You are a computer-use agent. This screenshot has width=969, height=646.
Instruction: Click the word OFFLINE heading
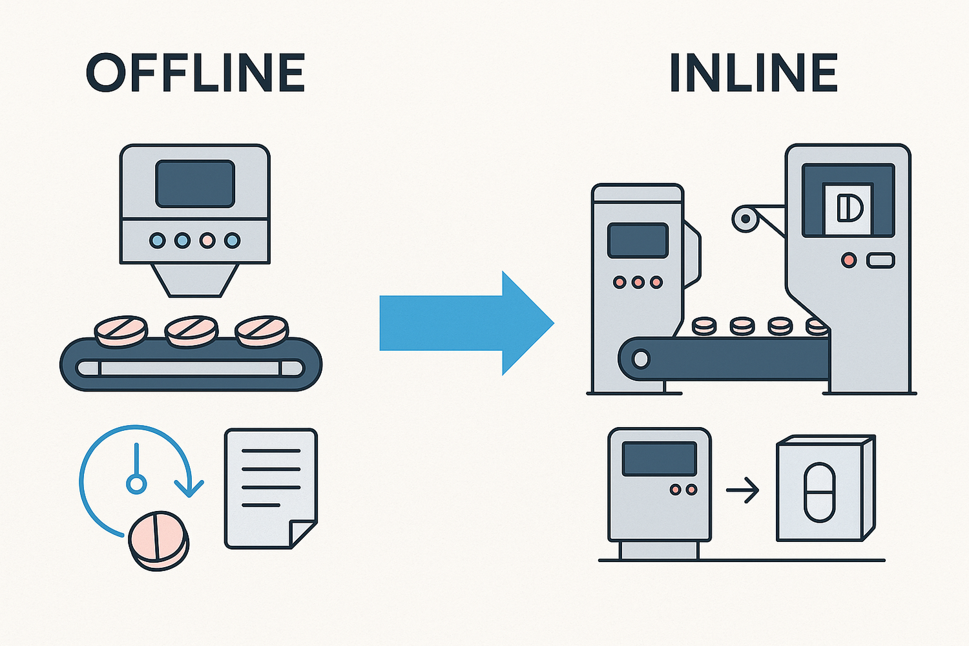click(195, 73)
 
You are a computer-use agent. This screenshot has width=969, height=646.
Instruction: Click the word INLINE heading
click(753, 73)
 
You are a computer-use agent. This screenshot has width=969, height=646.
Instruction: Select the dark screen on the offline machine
click(195, 183)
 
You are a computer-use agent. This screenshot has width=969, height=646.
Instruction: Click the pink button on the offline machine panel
click(207, 241)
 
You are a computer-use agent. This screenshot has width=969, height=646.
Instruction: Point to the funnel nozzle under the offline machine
click(195, 280)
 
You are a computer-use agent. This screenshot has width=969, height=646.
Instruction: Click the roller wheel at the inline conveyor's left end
click(641, 359)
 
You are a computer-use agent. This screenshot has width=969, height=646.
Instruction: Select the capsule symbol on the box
click(819, 492)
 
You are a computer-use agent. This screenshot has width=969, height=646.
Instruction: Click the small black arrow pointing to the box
click(742, 490)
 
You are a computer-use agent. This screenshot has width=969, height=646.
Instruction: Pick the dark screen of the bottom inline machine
click(659, 458)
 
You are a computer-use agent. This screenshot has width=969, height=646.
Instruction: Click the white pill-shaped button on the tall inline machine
click(880, 260)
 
